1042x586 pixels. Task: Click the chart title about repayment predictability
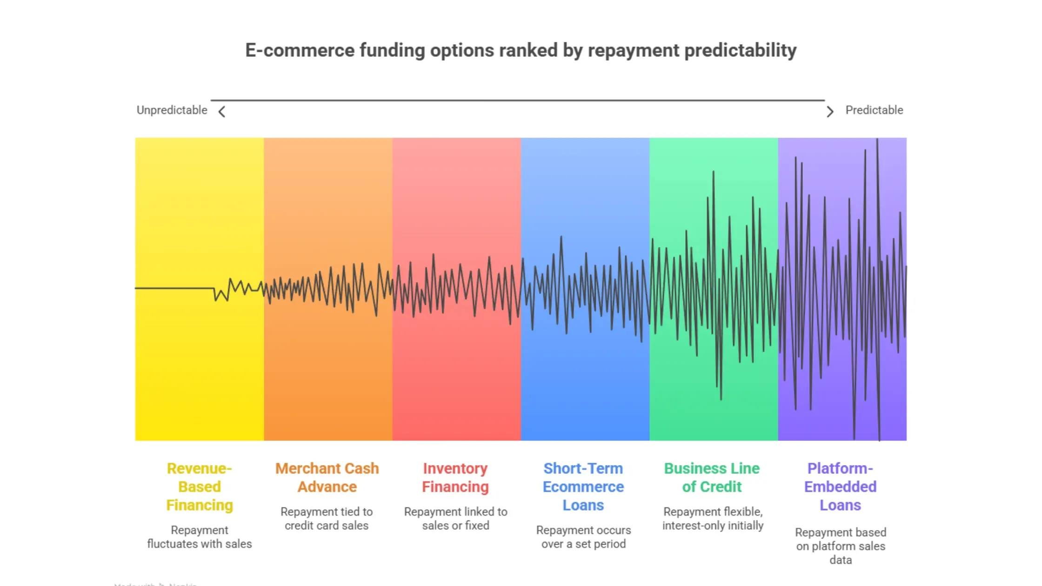click(521, 50)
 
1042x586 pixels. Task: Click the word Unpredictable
click(172, 110)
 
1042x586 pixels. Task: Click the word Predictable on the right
click(874, 110)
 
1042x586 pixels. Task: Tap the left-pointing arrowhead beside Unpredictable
click(222, 112)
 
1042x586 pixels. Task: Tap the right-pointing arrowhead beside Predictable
click(830, 112)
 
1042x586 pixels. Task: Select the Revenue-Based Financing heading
click(199, 486)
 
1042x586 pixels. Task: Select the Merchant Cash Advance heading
click(327, 477)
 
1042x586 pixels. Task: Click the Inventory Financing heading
click(455, 477)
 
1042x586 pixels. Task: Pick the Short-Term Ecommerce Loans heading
click(583, 486)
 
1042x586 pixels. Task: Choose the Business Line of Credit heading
click(712, 477)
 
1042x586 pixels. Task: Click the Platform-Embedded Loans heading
click(840, 486)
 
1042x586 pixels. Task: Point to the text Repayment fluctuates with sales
click(199, 537)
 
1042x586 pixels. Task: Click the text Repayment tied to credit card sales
click(327, 519)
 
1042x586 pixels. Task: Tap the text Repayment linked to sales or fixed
click(455, 519)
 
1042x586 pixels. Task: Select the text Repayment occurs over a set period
click(583, 537)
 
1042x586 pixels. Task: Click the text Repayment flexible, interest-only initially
click(713, 519)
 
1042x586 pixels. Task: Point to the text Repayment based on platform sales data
click(840, 546)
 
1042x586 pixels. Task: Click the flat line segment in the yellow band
click(174, 288)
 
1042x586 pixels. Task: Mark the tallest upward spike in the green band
click(713, 173)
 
